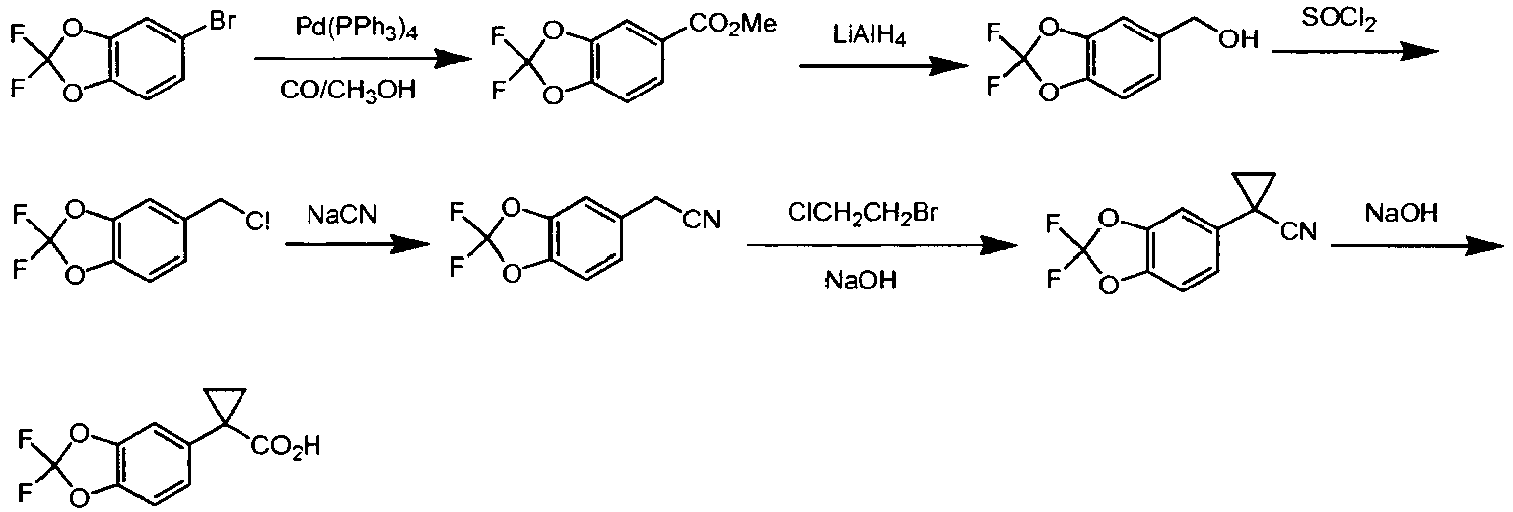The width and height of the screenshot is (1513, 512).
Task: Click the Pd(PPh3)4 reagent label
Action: (357, 29)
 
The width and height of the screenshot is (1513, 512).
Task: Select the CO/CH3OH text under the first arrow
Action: (348, 90)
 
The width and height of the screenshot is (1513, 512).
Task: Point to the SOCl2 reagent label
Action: (1339, 20)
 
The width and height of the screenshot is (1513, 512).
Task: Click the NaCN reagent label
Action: (342, 215)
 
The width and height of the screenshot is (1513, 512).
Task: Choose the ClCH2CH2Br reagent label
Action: (862, 213)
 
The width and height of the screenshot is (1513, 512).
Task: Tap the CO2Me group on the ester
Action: (732, 25)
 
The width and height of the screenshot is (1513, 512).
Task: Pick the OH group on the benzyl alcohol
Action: (1238, 39)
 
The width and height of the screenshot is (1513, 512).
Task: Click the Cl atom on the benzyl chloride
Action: (257, 222)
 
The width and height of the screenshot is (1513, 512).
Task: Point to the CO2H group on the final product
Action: (286, 446)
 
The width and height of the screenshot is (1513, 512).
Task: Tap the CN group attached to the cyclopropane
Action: (1298, 232)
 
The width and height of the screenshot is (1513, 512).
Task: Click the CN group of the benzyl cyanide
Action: (702, 220)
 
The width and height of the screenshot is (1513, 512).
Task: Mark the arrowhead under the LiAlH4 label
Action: (949, 66)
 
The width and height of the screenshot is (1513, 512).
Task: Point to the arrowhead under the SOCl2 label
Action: (1418, 51)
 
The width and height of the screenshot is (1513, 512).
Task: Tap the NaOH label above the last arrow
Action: (1401, 213)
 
